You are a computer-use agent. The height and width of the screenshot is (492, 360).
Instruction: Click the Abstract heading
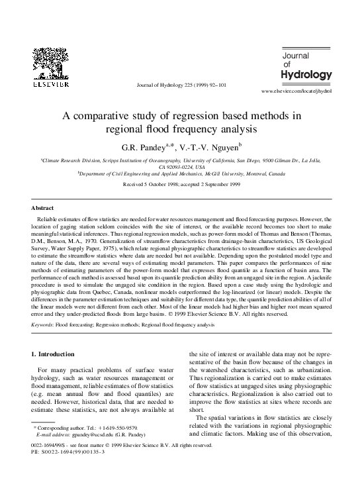click(43, 208)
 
